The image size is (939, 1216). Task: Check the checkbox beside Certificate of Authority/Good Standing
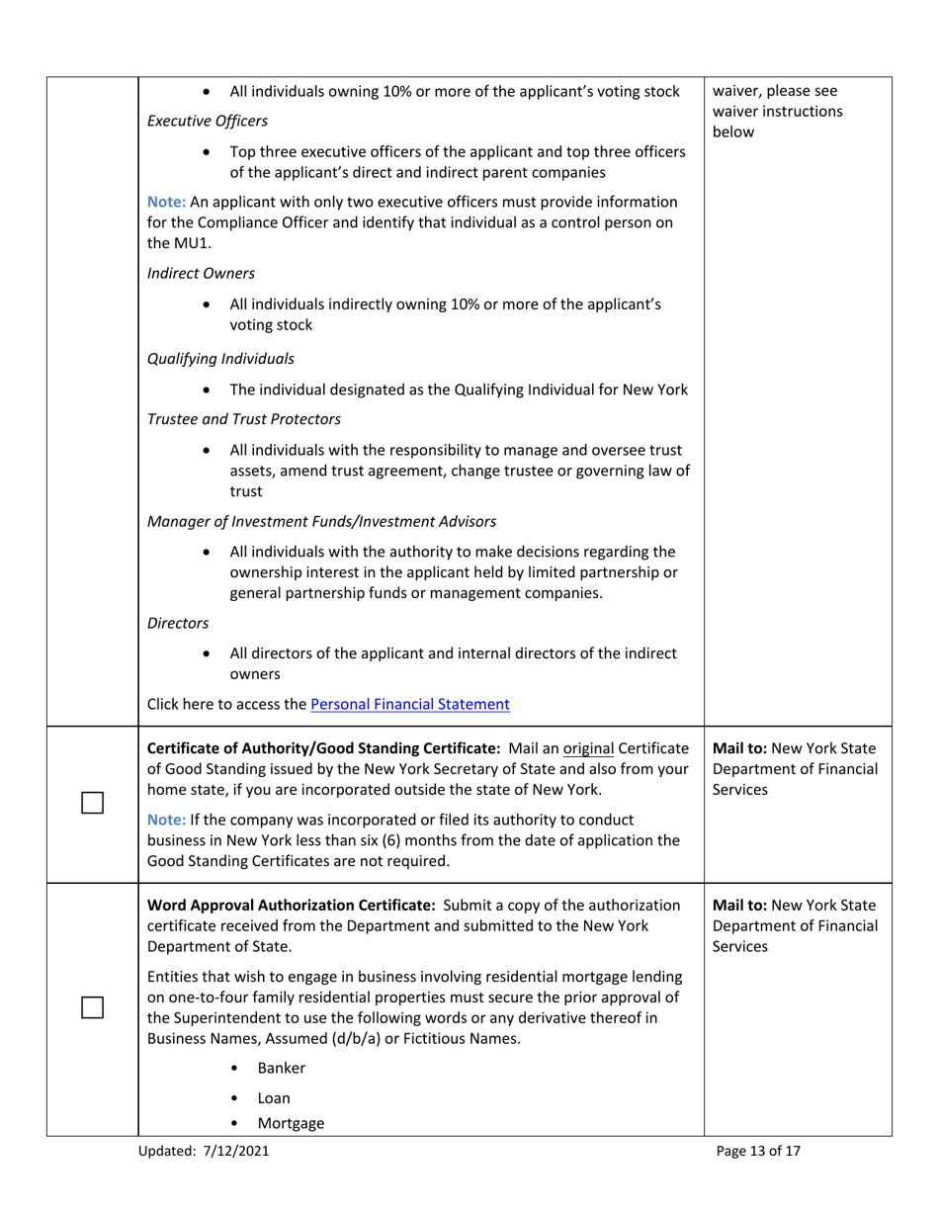[92, 802]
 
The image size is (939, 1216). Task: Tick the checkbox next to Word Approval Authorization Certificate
[92, 1007]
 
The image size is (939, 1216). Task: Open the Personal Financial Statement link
[410, 705]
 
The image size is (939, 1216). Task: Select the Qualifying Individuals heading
[220, 359]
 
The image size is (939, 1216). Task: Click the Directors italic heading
[178, 623]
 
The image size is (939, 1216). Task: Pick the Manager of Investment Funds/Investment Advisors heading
[321, 520]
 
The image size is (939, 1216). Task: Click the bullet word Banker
[281, 1068]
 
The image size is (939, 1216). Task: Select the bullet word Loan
[274, 1097]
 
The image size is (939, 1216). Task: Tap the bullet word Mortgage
[291, 1123]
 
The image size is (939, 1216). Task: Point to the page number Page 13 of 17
[758, 1151]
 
